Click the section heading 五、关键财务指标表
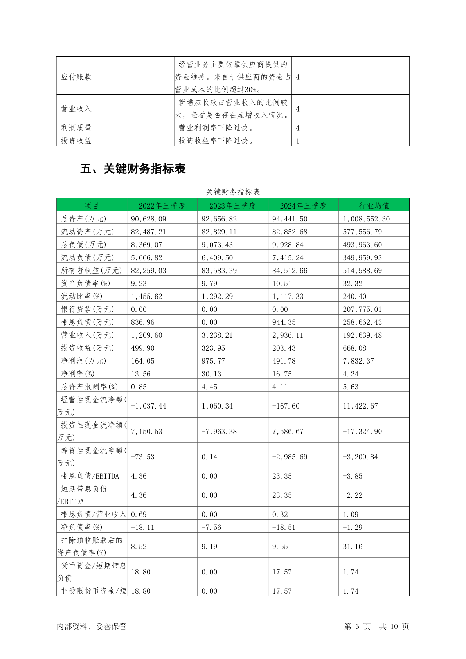click(x=133, y=169)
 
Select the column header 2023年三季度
click(x=232, y=206)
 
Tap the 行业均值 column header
click(x=374, y=206)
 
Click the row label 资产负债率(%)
click(x=85, y=283)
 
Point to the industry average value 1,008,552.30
click(x=366, y=219)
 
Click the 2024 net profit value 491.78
click(x=284, y=361)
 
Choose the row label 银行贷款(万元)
click(x=87, y=309)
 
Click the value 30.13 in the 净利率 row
click(x=211, y=374)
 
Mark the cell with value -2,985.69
click(x=290, y=457)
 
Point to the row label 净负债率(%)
click(x=81, y=527)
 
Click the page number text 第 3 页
click(x=357, y=627)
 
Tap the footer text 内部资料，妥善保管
click(x=92, y=627)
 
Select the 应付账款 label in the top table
click(x=76, y=77)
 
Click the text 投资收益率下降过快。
click(x=216, y=140)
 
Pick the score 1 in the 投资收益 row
click(x=298, y=141)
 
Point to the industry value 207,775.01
click(x=362, y=309)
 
